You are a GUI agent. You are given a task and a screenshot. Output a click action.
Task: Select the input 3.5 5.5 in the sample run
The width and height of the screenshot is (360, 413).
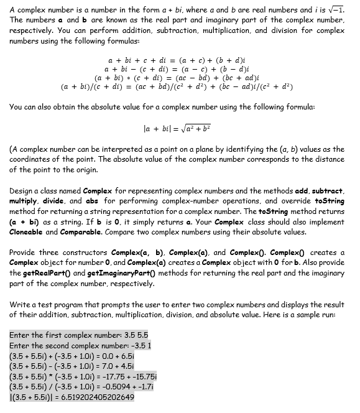pos(131,335)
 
